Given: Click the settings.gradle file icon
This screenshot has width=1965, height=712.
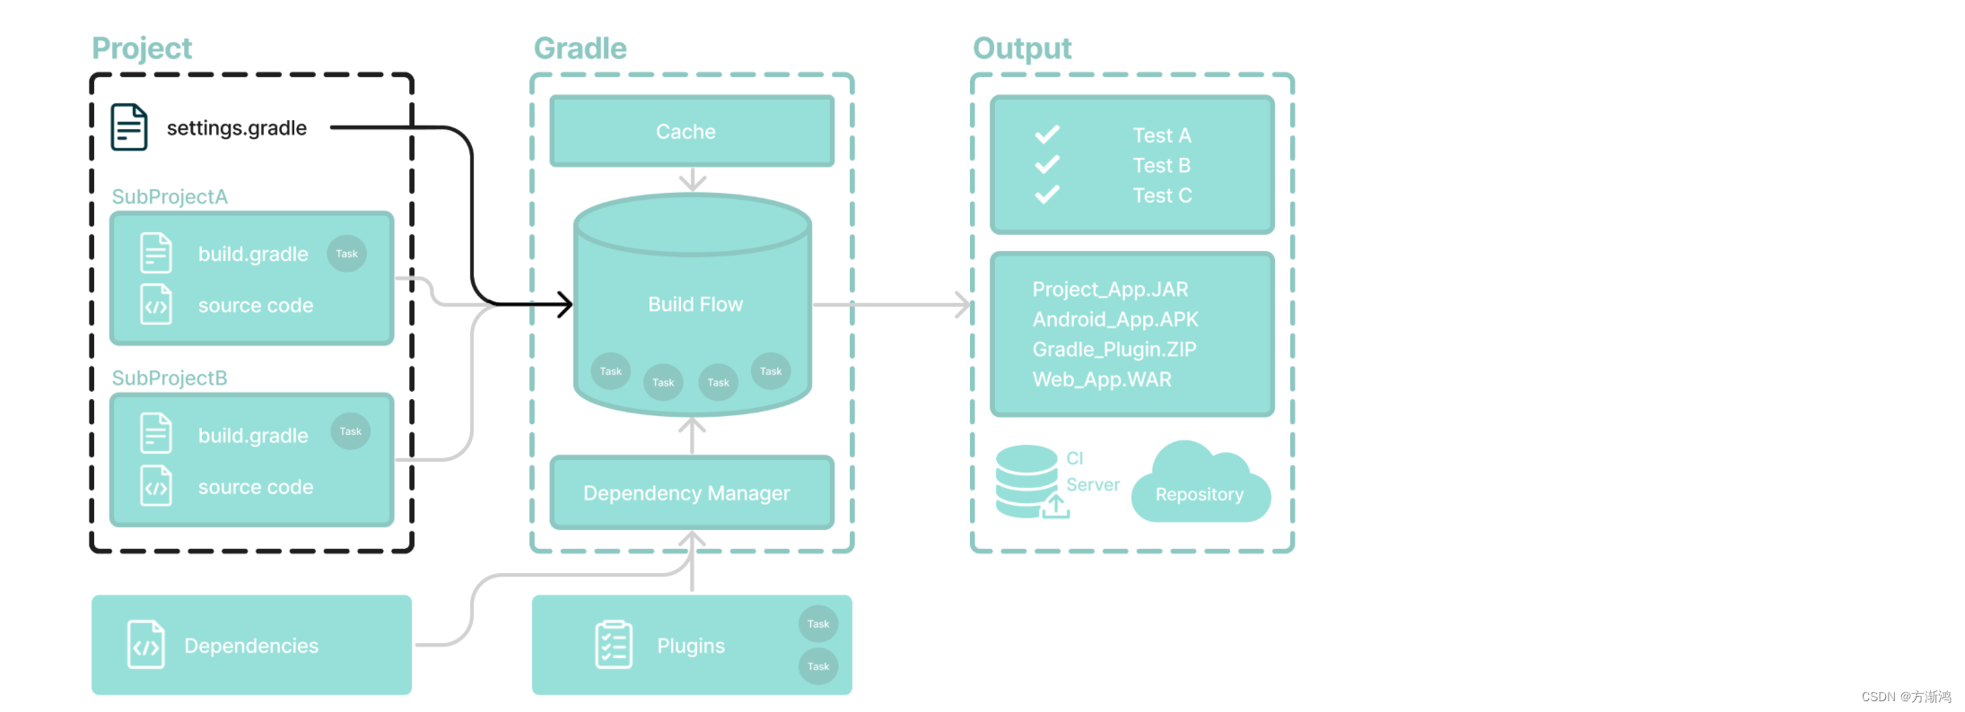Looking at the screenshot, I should [128, 127].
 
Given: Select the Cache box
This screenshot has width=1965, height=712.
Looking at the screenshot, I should [691, 131].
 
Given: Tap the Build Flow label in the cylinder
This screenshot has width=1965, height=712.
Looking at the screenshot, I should [695, 305].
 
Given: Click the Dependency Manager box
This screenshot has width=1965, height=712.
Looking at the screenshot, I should [691, 493].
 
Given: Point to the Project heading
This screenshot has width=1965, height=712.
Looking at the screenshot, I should [142, 48].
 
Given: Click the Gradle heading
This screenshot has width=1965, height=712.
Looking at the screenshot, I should [580, 48].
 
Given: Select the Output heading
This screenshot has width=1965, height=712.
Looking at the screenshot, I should [1022, 48].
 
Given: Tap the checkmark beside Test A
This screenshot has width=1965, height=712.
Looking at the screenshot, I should [1047, 135].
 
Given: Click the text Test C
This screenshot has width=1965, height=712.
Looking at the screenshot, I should [1162, 195].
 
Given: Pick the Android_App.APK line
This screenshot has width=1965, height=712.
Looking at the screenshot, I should [1115, 319].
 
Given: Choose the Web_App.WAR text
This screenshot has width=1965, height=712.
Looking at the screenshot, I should [1102, 379].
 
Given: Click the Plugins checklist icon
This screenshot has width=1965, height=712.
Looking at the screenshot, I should [614, 645].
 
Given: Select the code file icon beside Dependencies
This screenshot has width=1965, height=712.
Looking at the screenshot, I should [146, 645].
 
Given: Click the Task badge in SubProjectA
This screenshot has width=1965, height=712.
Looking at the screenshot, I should [346, 254].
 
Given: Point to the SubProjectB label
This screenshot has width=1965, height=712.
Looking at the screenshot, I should [170, 378].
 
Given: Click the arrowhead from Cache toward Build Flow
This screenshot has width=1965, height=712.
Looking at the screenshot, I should [692, 182].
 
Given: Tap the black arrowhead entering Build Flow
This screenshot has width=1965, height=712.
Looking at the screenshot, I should [564, 304].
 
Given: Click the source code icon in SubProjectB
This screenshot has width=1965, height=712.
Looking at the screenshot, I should [156, 487].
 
